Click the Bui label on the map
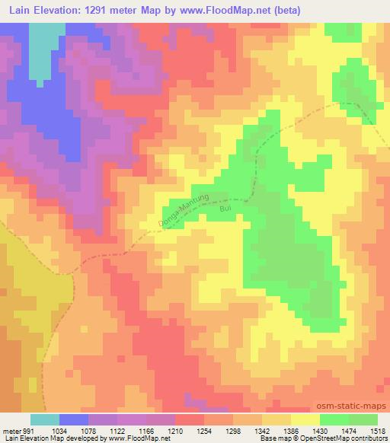(224, 206)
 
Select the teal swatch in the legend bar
(44, 419)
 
